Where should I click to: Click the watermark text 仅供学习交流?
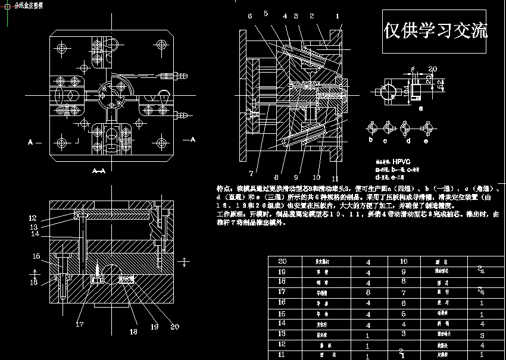tap(436, 30)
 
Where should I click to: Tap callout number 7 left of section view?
tap(251, 173)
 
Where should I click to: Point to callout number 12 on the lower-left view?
tap(33, 218)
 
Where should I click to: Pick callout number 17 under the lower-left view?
tap(80, 324)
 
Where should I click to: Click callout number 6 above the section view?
tap(250, 16)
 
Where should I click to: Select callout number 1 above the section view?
tap(337, 16)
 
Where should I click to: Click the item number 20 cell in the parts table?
tap(282, 261)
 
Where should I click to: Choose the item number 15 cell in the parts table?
tap(282, 313)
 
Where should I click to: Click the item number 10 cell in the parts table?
tap(403, 261)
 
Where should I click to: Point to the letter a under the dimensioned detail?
tap(421, 109)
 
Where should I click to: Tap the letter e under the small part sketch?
tap(426, 141)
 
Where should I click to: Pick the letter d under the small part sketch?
tap(408, 141)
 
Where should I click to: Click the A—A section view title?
tap(99, 171)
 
